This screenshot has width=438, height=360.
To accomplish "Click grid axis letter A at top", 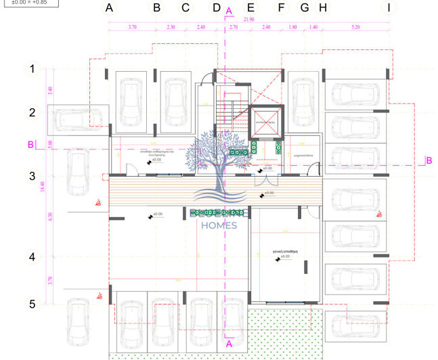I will tap(109, 8).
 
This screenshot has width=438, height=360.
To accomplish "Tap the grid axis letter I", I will tap(389, 8).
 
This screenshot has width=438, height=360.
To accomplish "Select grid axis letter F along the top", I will tap(281, 8).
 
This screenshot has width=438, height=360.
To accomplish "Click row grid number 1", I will tap(30, 68).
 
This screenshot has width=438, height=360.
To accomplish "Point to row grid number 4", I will tap(30, 257).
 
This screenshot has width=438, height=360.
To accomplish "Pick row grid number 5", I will tap(30, 304).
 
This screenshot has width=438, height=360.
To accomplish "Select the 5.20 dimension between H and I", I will tap(355, 27).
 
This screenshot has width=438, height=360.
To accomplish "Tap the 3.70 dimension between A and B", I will tap(133, 27).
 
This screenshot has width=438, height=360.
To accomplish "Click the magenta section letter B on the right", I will tap(429, 160).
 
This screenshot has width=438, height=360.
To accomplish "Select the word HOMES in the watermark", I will tap(219, 225).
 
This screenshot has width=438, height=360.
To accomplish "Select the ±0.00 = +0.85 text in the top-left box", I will tap(29, 2).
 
